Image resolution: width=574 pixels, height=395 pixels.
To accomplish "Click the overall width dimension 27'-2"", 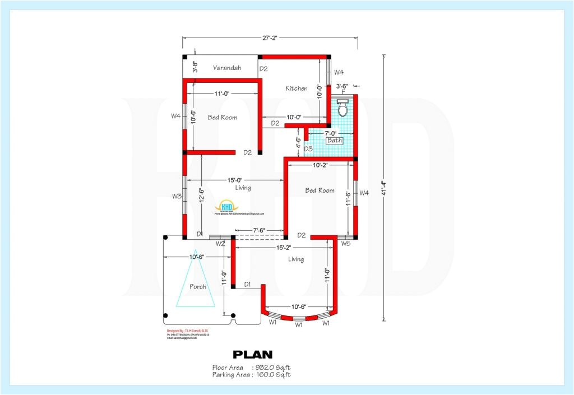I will pos(270,38).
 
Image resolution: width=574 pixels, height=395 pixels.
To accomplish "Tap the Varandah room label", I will pos(227,68).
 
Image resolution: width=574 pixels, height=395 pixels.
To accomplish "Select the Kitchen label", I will pos(297,89).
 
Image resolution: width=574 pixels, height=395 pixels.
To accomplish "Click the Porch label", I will pos(197,286).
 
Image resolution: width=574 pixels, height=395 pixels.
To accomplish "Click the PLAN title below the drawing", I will pos(252,354).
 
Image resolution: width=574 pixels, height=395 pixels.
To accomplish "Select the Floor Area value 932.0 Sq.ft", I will pos(273,368).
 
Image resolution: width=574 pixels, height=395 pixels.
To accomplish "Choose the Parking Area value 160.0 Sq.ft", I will pos(273,375).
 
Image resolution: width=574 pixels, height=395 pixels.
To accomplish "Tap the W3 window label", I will pos(177,196).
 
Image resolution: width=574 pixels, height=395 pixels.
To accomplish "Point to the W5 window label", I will pos(345,243).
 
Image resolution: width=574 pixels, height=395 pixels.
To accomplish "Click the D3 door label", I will pos(308,149).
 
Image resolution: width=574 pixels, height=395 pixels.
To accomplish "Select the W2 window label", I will pos(220,244).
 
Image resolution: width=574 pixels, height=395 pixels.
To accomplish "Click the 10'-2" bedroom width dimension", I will pos(320,165).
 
